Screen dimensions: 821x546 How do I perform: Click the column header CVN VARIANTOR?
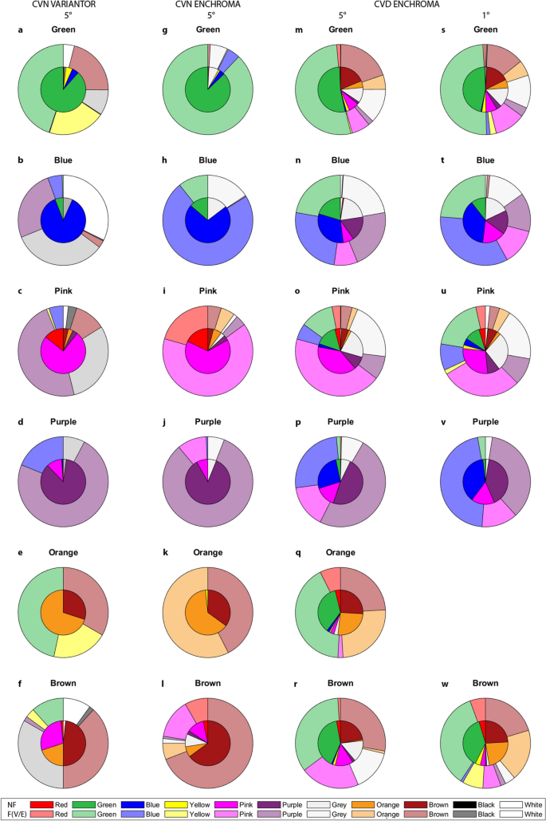(63, 5)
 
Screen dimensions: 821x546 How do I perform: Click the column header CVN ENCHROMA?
(208, 5)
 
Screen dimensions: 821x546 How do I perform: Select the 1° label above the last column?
(486, 16)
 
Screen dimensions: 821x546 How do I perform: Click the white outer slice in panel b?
(92, 199)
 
